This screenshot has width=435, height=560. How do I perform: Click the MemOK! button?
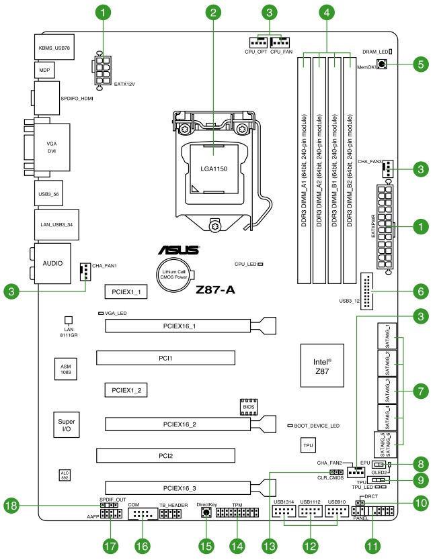tap(382, 64)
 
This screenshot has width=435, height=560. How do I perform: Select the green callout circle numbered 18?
tap(11, 506)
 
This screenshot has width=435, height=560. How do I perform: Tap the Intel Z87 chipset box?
tap(322, 365)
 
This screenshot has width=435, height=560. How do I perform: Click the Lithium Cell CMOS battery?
tap(174, 275)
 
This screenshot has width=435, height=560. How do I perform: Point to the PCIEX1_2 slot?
tap(126, 390)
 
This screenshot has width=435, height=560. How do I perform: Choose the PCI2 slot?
tap(165, 456)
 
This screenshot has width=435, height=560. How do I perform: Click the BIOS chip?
tap(249, 407)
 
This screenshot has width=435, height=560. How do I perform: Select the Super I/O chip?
tap(67, 424)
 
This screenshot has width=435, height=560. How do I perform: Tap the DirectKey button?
tap(206, 513)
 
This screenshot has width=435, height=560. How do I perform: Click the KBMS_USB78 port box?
tap(54, 47)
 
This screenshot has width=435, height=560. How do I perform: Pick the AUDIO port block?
tap(52, 264)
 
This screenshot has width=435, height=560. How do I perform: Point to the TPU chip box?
tap(308, 445)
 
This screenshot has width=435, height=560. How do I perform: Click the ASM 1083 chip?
tap(66, 369)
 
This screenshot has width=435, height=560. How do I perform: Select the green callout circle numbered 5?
tap(421, 64)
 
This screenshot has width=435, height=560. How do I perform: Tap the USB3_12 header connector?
tap(366, 291)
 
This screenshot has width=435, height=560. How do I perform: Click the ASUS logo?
tap(179, 250)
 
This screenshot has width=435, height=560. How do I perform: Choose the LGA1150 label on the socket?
tap(214, 169)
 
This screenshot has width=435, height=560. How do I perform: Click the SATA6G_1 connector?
tap(387, 336)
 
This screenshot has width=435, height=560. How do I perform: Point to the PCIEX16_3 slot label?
tap(180, 488)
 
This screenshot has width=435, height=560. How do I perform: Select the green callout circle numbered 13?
tap(269, 546)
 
